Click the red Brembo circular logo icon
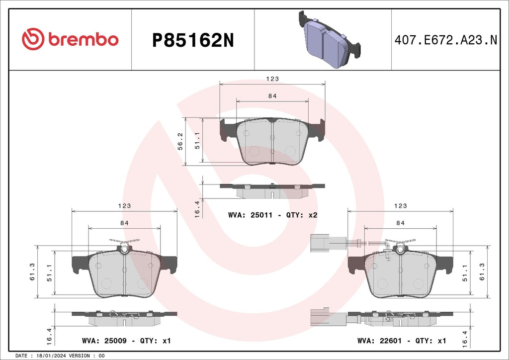click(x=33, y=40)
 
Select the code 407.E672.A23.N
click(x=445, y=40)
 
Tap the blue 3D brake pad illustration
click(x=329, y=39)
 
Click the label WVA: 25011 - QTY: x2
click(x=272, y=215)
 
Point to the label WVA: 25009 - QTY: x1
click(x=126, y=341)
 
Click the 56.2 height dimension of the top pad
click(x=181, y=142)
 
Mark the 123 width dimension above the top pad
click(x=272, y=79)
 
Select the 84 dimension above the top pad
click(x=272, y=96)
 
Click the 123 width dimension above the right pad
click(x=401, y=205)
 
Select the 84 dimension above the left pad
click(x=124, y=223)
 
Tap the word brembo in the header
click(x=84, y=40)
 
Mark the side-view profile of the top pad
click(x=272, y=187)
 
